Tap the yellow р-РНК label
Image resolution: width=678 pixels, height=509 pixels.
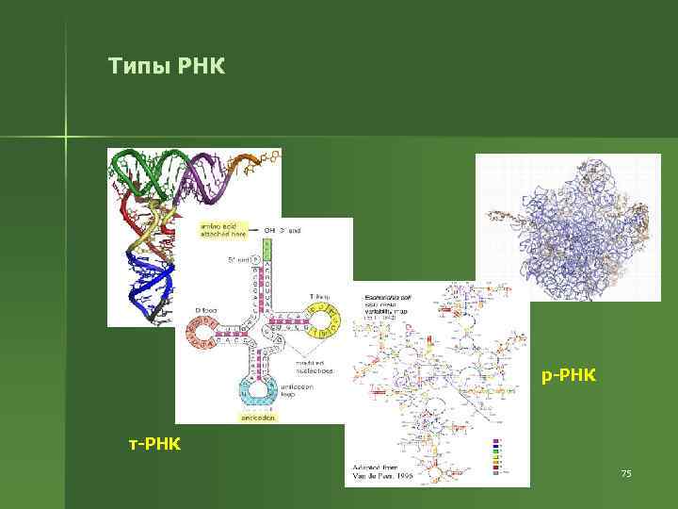click(x=569, y=377)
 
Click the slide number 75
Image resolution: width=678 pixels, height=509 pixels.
click(x=626, y=472)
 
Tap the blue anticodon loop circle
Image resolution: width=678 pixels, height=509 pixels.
click(x=257, y=390)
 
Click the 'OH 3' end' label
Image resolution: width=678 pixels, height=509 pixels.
click(x=282, y=230)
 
